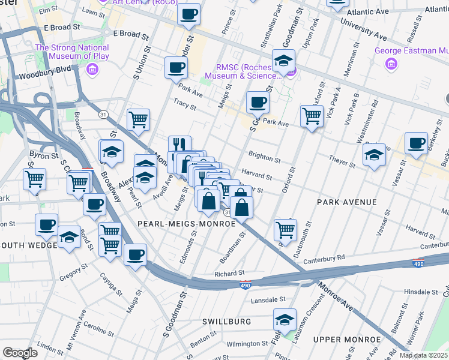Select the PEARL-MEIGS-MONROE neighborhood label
(187, 223)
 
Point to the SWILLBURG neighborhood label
(227, 322)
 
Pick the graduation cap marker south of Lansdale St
(285, 319)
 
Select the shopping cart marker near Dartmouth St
(285, 229)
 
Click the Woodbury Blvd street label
(41, 76)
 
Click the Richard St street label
(229, 274)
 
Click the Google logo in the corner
(20, 352)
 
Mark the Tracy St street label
(184, 106)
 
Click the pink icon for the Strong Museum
(92, 70)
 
